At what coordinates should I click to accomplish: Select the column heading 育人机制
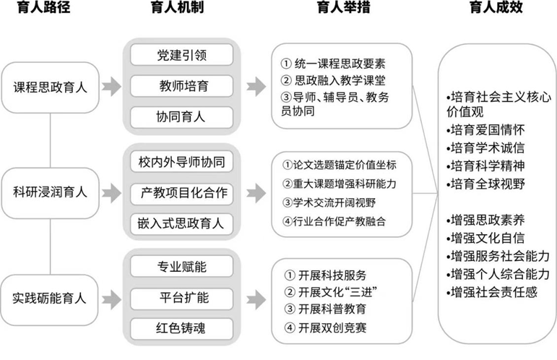pyautogui.click(x=181, y=9)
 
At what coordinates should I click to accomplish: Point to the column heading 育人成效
pyautogui.click(x=496, y=9)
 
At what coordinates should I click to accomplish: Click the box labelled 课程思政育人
pyautogui.click(x=51, y=87)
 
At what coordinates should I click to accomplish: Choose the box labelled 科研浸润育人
pyautogui.click(x=51, y=192)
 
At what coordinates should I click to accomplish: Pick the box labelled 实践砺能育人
pyautogui.click(x=51, y=297)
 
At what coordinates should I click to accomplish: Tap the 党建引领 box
pyautogui.click(x=181, y=55)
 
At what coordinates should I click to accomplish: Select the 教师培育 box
pyautogui.click(x=181, y=87)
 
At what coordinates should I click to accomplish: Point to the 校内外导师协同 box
pyautogui.click(x=181, y=161)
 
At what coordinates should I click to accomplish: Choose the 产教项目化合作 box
pyautogui.click(x=181, y=192)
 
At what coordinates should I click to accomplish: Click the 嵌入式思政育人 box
pyautogui.click(x=181, y=223)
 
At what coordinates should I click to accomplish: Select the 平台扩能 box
pyautogui.click(x=181, y=297)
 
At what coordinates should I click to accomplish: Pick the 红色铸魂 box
pyautogui.click(x=181, y=328)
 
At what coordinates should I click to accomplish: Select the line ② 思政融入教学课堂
pyautogui.click(x=333, y=79)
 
